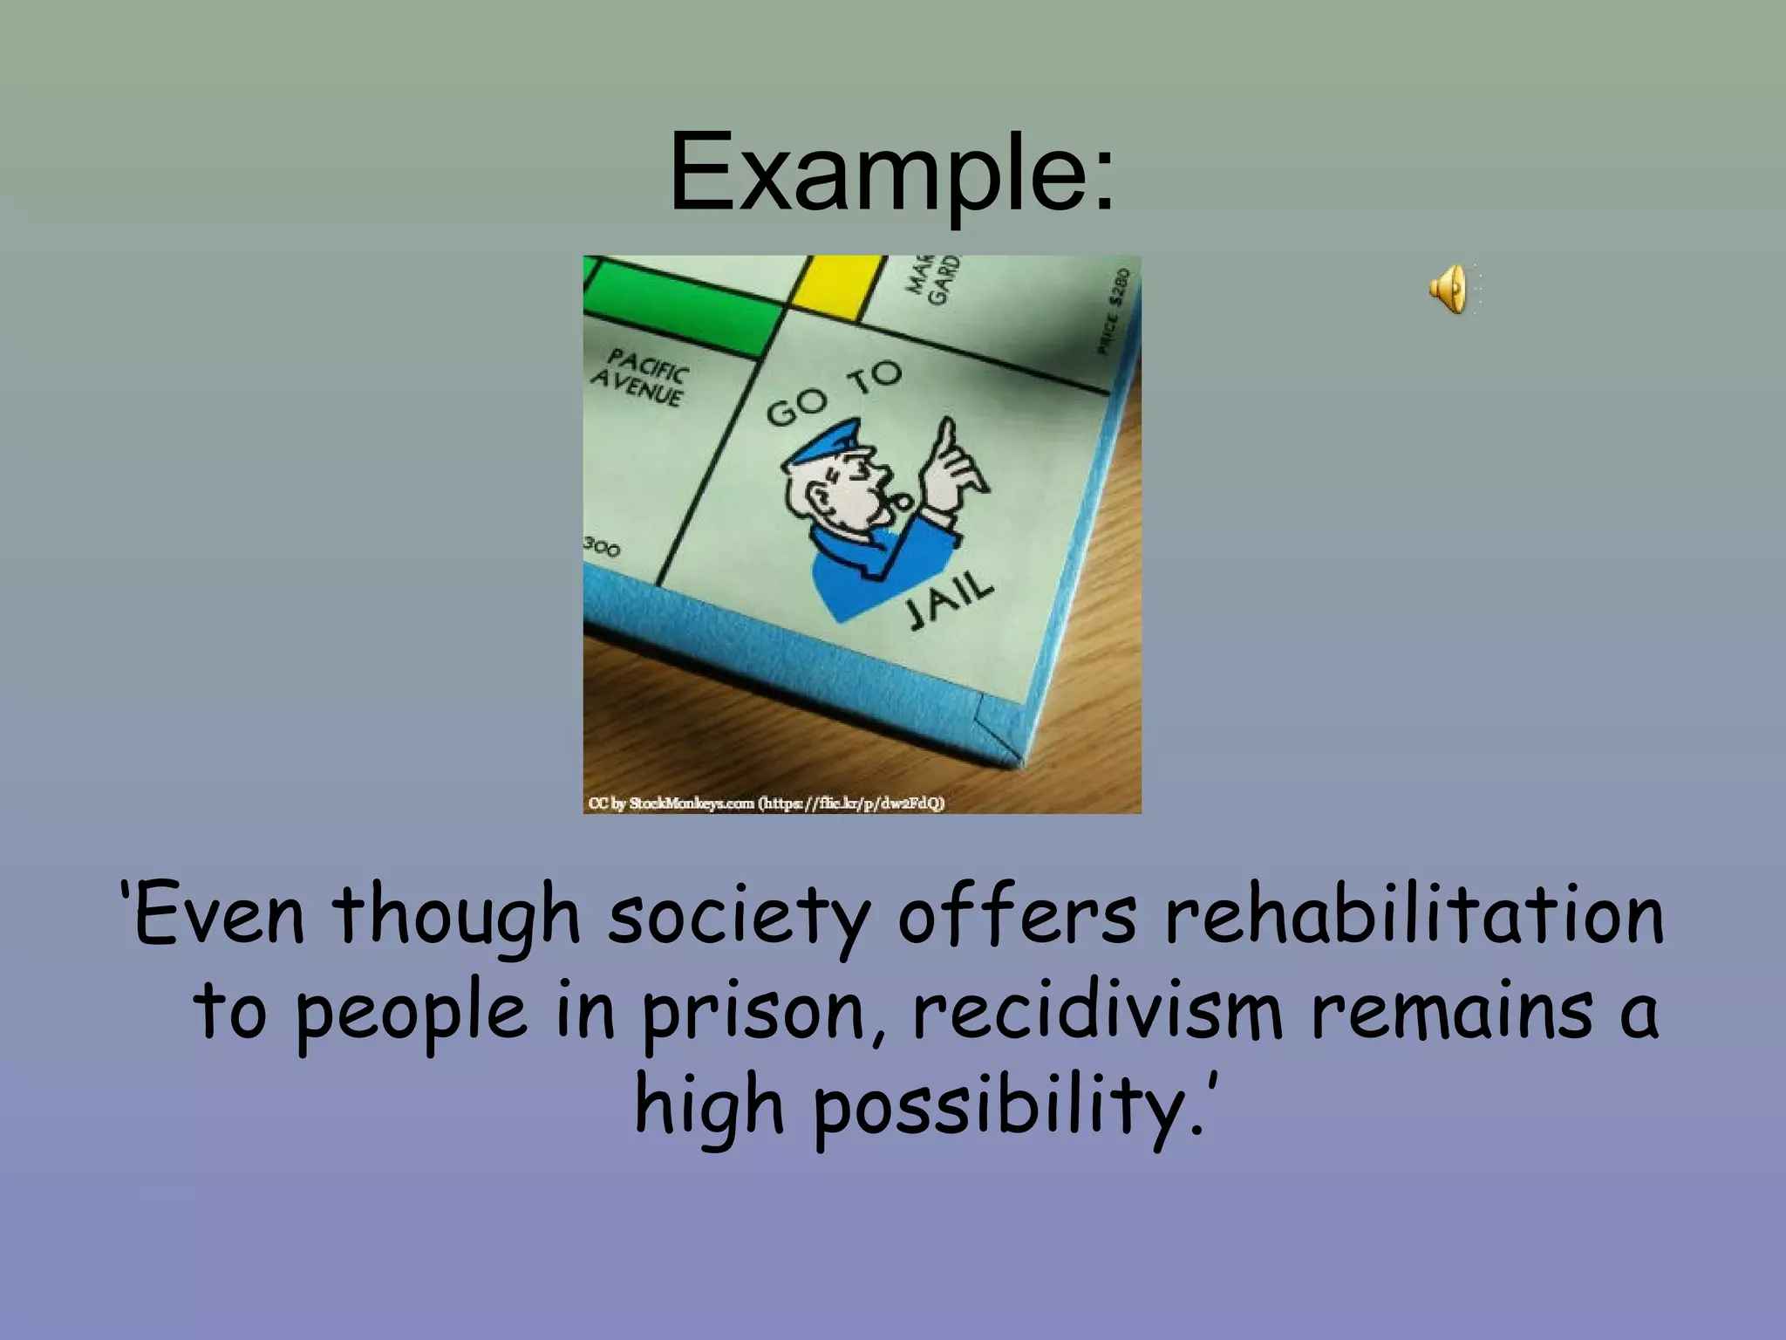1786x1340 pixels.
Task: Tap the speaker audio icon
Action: click(x=1449, y=289)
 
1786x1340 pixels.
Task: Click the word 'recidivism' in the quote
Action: click(x=1098, y=1011)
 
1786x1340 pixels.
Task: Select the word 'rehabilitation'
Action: click(x=1414, y=915)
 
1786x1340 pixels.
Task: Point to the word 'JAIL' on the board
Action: click(x=950, y=602)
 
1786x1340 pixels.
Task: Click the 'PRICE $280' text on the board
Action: click(x=1115, y=311)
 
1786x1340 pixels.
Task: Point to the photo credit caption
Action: click(x=767, y=803)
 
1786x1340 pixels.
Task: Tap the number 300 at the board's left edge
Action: click(x=603, y=548)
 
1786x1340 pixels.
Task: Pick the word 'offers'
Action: click(x=1017, y=915)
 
